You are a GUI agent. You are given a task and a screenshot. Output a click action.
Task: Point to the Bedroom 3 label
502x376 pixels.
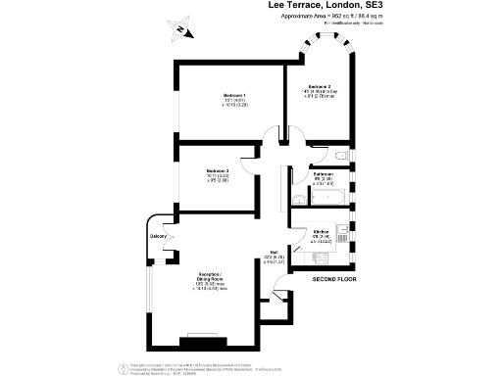tap(217, 171)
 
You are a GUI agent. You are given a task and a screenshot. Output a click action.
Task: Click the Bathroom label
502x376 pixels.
tap(323, 173)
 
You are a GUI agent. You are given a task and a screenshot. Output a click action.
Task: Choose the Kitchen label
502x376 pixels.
tap(320, 232)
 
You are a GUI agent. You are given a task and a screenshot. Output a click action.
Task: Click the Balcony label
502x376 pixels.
tap(156, 237)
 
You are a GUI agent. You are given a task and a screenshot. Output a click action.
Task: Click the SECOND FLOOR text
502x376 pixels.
tap(334, 280)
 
